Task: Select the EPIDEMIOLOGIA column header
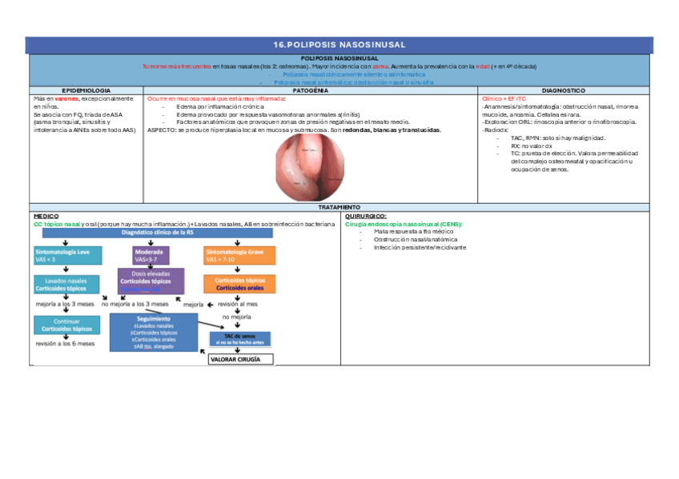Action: pos(86,91)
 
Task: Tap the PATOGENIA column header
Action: pos(311,91)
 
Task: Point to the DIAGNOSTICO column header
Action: pos(563,91)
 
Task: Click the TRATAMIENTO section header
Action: pos(339,207)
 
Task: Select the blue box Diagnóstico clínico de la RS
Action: pos(156,233)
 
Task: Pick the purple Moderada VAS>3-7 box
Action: pos(151,255)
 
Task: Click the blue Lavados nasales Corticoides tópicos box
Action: pos(66,285)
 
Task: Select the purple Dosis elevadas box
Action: pos(151,281)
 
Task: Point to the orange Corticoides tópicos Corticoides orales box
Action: pos(240,285)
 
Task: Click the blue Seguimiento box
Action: pos(155,331)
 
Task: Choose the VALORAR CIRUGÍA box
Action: pos(240,359)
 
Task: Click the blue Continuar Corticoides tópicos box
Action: pos(66,325)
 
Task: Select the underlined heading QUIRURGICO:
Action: pos(365,216)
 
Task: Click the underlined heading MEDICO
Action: pos(46,216)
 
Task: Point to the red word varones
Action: pos(66,99)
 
